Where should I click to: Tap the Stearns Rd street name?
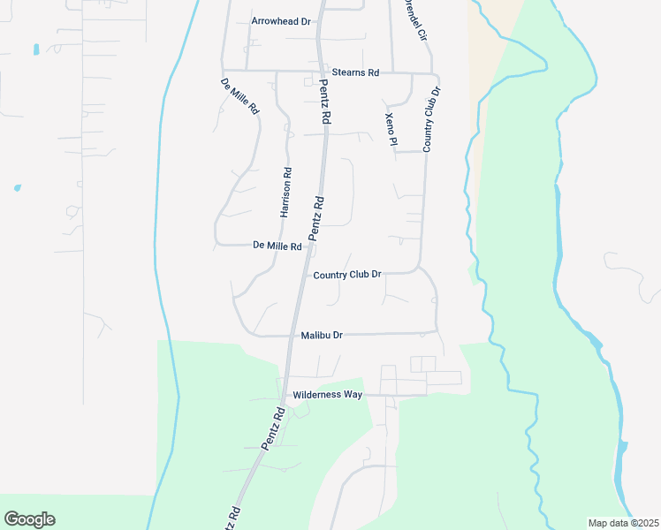355,72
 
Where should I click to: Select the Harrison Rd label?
285,193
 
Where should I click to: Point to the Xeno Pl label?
391,129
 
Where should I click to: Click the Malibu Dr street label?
321,336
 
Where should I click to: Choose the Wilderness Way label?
328,394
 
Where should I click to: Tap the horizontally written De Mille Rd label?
277,246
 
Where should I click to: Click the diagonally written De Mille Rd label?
239,97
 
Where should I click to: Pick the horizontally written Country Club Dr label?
347,275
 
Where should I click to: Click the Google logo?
29,519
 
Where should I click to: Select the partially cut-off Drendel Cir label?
414,19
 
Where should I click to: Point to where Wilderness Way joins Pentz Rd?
282,394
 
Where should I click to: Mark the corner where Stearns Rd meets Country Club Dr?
432,74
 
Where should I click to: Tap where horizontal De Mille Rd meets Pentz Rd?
308,246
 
